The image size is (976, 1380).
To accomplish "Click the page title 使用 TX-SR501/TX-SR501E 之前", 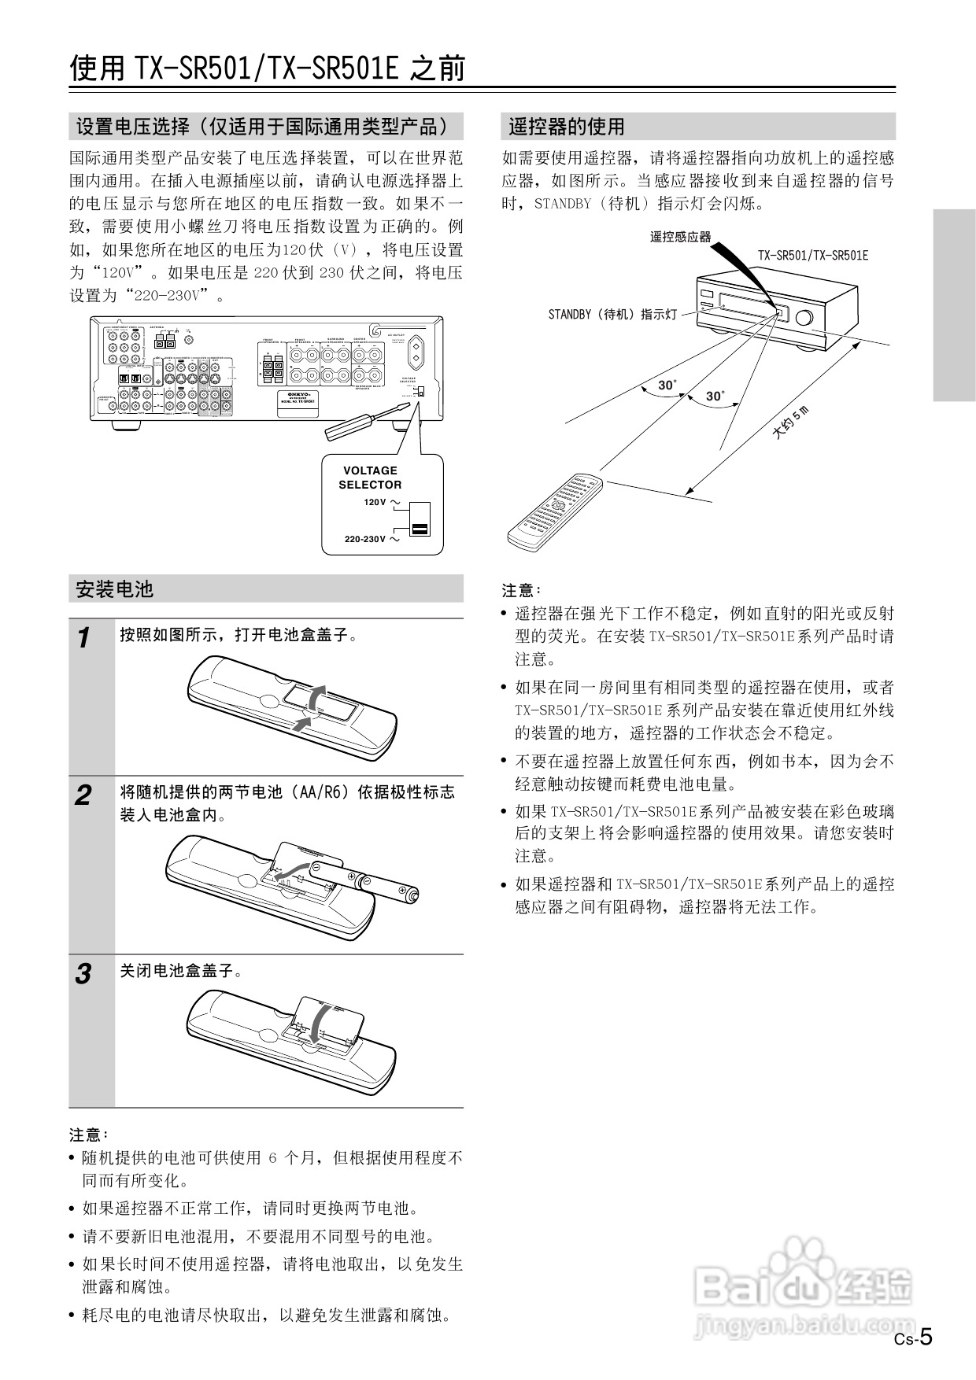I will [267, 68].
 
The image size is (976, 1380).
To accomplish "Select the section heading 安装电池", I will [114, 589].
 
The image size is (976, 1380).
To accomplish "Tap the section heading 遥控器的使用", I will [566, 126].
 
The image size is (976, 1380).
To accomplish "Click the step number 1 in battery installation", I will [84, 637].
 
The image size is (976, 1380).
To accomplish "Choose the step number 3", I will [83, 974].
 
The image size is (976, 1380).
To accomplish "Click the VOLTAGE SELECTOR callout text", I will [370, 478].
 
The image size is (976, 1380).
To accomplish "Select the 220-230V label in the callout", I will [365, 540].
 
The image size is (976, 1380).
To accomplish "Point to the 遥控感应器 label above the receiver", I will [680, 236].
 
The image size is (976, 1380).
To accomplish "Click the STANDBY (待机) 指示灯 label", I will [612, 314].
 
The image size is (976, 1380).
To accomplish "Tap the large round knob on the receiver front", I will [804, 319].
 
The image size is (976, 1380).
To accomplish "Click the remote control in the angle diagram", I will [554, 512].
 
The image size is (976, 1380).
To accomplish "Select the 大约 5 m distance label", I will [789, 422].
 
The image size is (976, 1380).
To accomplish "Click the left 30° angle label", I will [667, 385].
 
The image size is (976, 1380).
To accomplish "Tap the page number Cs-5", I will [913, 1337].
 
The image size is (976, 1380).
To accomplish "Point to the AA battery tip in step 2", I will [412, 895].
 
